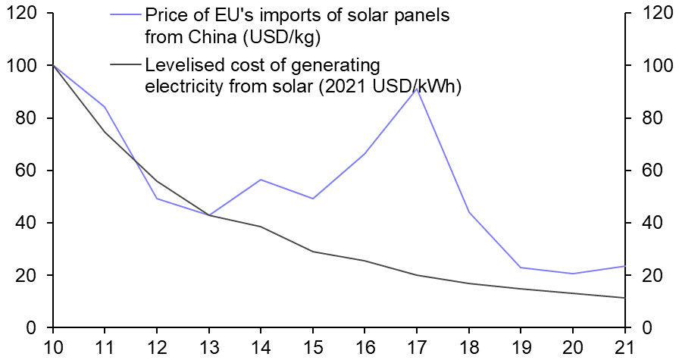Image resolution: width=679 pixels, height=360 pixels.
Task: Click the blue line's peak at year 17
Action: click(x=416, y=89)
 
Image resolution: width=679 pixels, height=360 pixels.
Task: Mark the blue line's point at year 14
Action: click(x=261, y=180)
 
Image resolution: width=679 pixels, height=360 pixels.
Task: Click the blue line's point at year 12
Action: click(x=157, y=199)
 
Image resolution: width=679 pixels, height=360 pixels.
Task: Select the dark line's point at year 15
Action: click(x=312, y=252)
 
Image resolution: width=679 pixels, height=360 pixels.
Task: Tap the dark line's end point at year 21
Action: click(x=624, y=298)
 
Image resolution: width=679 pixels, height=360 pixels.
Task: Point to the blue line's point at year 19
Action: click(x=520, y=268)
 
